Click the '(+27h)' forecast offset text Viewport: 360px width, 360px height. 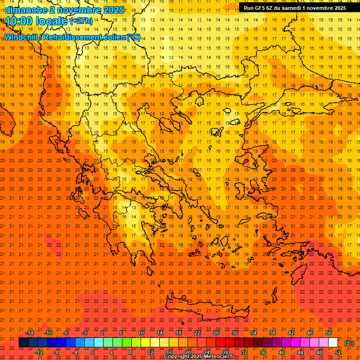click(81, 22)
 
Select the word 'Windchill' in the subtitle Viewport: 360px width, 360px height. click(22, 37)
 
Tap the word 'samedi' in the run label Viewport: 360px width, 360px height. click(292, 7)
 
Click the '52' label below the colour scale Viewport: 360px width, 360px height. click(337, 352)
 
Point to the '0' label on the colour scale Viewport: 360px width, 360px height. click(93, 352)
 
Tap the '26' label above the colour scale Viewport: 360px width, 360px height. click(216, 333)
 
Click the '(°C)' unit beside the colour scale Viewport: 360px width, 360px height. click(349, 343)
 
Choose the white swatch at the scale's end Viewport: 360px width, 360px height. click(333, 343)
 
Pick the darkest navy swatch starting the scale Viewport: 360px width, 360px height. click(23, 343)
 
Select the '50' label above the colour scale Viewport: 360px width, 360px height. click(328, 333)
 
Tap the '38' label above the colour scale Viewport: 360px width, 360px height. click(272, 333)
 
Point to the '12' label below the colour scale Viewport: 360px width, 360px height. click(150, 352)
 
